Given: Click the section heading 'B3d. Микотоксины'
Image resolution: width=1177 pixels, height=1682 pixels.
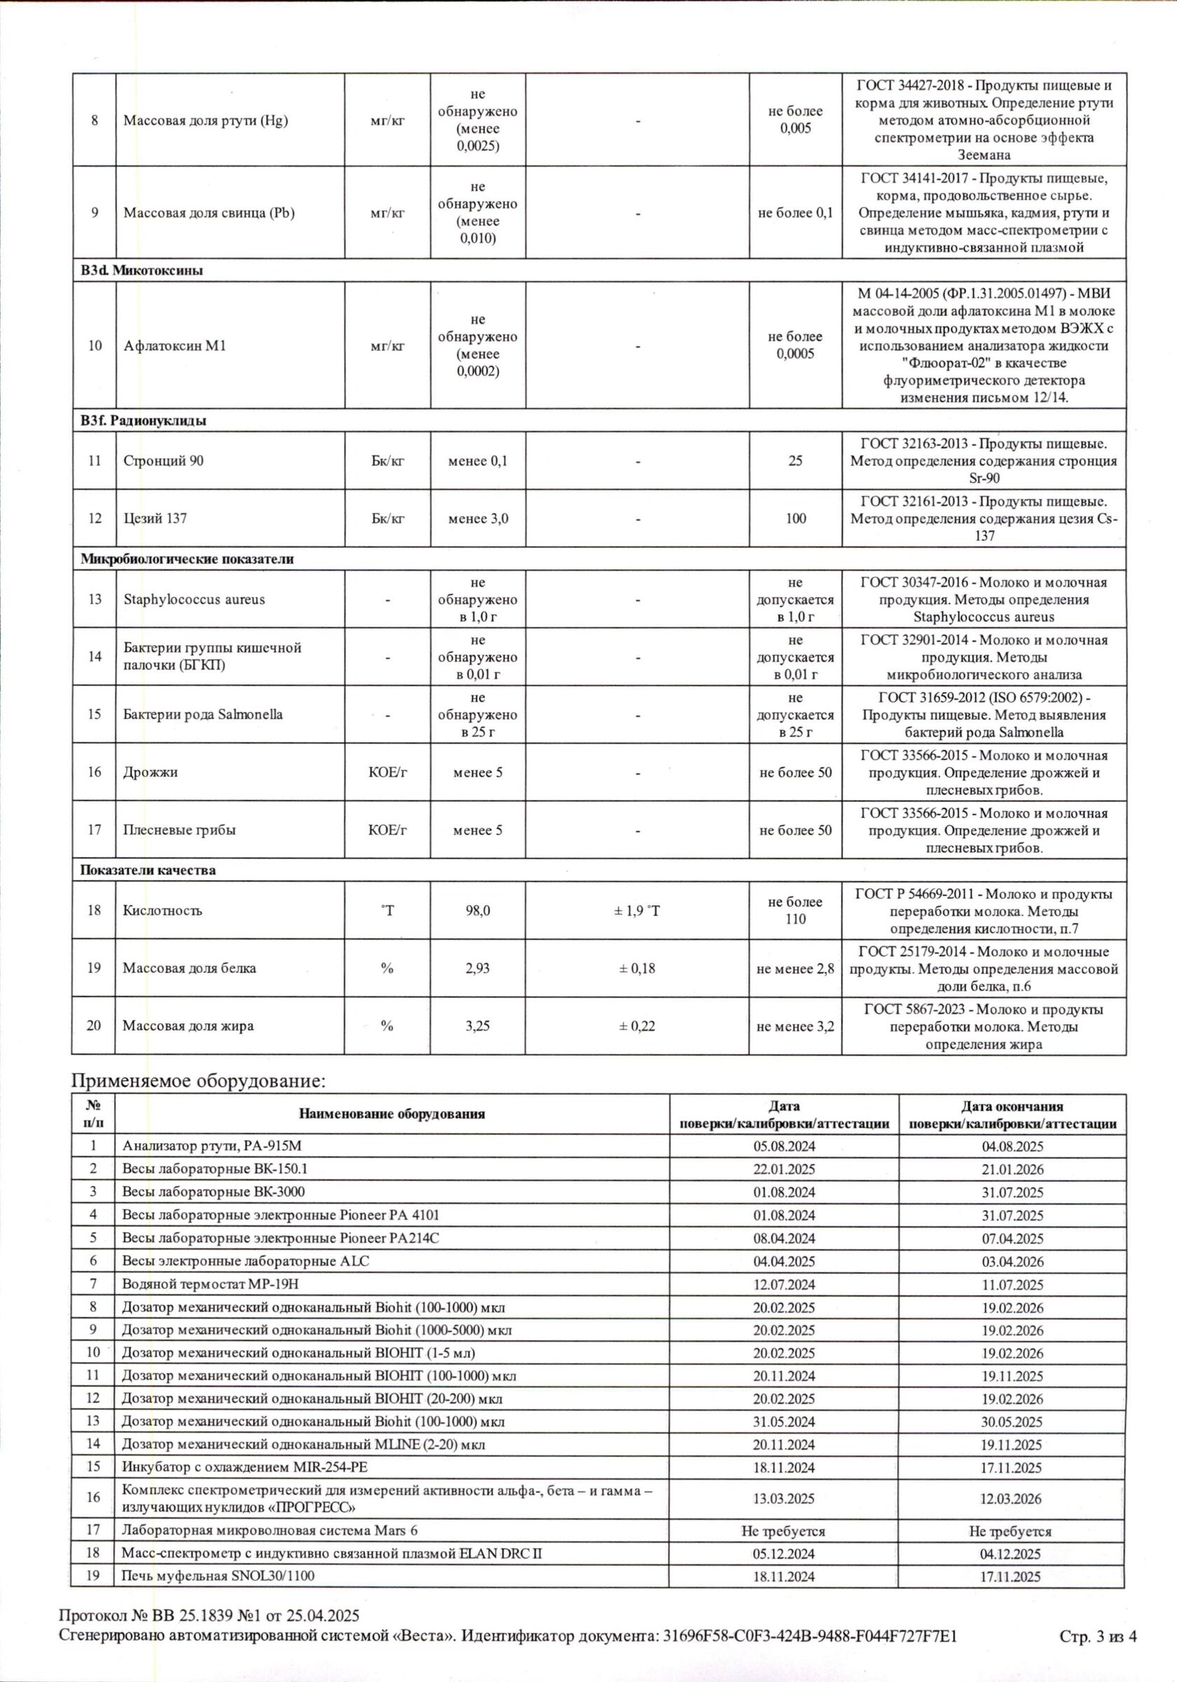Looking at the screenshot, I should pyautogui.click(x=142, y=271).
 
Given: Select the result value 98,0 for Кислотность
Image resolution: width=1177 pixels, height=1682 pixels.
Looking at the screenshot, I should pyautogui.click(x=478, y=910).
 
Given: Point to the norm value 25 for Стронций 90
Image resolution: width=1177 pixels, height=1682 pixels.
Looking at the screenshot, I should pyautogui.click(x=795, y=460).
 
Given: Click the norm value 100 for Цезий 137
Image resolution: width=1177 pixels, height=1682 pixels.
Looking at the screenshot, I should pyautogui.click(x=795, y=519).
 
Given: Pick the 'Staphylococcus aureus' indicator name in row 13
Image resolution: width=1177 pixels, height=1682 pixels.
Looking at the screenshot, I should pyautogui.click(x=194, y=599).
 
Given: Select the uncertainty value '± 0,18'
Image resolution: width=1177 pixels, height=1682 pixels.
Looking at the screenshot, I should pyautogui.click(x=638, y=969).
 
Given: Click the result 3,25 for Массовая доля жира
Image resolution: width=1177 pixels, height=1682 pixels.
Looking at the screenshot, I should pyautogui.click(x=478, y=1025).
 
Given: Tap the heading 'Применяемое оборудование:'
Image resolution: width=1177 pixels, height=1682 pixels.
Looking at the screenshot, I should pyautogui.click(x=197, y=1081).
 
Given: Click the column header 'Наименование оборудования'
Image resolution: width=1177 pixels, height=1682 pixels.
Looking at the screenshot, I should pyautogui.click(x=392, y=1114).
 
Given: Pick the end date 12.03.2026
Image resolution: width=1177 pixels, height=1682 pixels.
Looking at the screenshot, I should pyautogui.click(x=1012, y=1499).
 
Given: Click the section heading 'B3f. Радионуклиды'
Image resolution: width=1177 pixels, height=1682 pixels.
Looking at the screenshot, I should pyautogui.click(x=143, y=420).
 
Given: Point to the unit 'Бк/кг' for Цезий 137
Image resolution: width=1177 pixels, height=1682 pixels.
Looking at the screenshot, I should pyautogui.click(x=387, y=519).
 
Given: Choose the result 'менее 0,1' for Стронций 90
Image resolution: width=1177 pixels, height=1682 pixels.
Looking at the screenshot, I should pyautogui.click(x=478, y=460).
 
